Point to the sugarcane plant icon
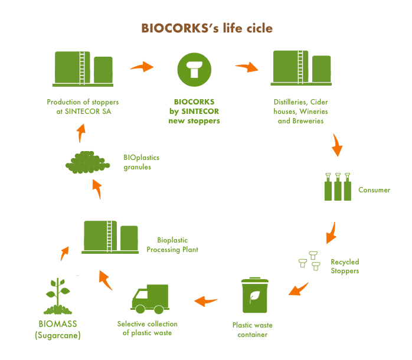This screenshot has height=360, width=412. click(x=59, y=295)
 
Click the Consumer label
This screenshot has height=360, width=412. click(x=374, y=190)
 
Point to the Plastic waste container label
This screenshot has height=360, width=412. click(x=253, y=330)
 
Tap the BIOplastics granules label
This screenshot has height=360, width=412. click(x=141, y=162)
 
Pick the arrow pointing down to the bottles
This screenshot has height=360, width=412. click(x=337, y=145)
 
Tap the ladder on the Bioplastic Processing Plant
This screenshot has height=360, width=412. click(x=109, y=235)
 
